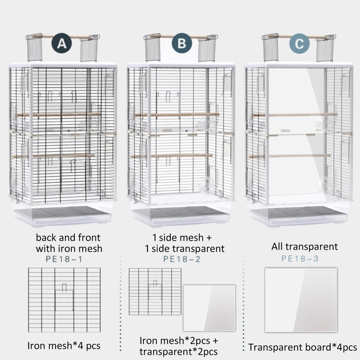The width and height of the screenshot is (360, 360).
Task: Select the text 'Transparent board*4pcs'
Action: pos(302,347)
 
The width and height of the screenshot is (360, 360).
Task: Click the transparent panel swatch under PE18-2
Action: pos(209,308)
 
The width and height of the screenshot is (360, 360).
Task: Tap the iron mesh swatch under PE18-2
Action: pos(155,292)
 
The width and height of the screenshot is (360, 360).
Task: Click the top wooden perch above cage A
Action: pos(63,37)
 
